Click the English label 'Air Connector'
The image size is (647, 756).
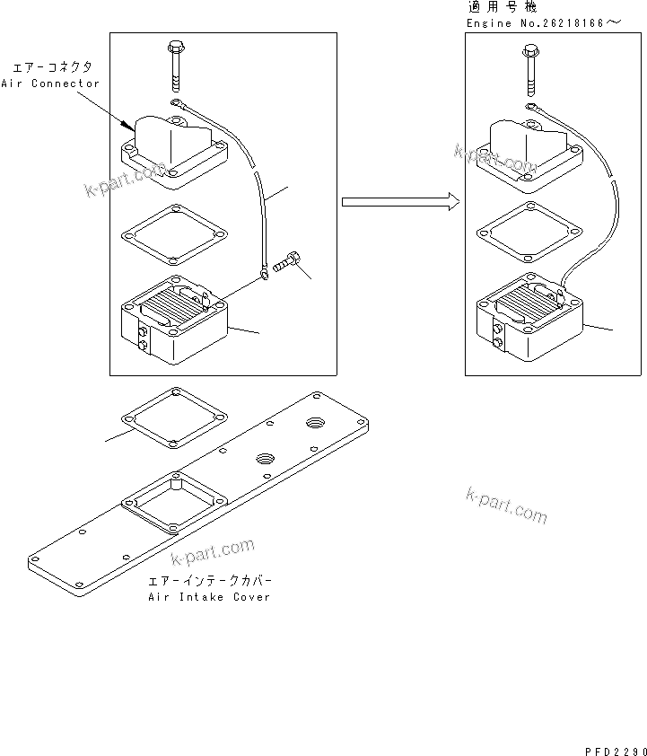56,84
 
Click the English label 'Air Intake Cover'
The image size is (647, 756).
209,597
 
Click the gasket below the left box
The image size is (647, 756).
171,417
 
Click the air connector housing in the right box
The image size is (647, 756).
529,148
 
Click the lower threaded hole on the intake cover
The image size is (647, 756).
264,459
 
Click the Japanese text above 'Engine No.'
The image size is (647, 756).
496,6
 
